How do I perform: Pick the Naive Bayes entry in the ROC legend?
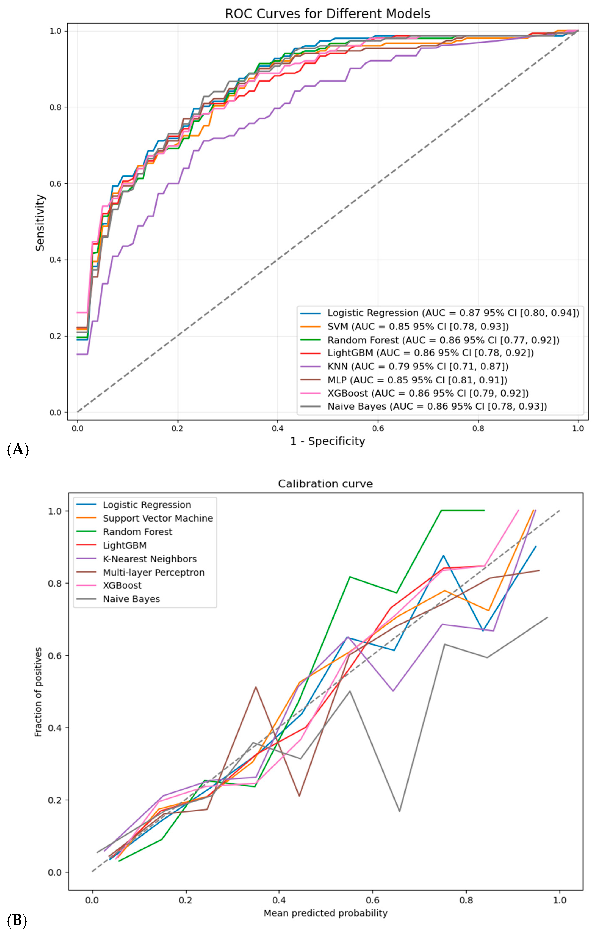[x=424, y=406]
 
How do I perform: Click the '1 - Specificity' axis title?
[x=327, y=441]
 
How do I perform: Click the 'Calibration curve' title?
[x=325, y=484]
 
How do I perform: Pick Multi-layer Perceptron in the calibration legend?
[x=140, y=572]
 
